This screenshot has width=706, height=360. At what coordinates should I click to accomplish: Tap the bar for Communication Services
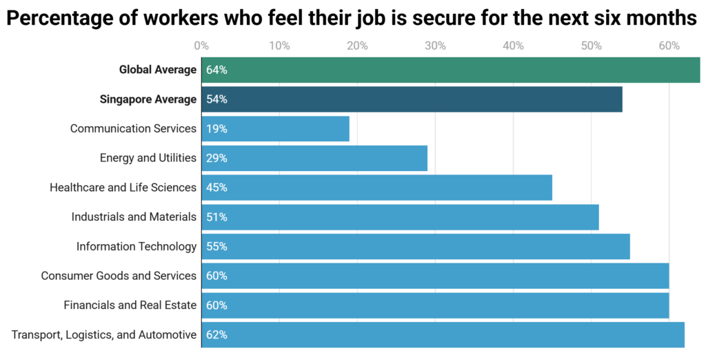[276, 129]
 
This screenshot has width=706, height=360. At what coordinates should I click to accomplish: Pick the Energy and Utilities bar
[314, 158]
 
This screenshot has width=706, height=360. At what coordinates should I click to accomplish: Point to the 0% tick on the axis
[201, 46]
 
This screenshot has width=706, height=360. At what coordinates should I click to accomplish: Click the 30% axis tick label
[435, 46]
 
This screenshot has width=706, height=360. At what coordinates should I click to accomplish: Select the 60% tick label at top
[669, 46]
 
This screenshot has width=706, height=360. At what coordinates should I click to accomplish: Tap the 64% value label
[216, 70]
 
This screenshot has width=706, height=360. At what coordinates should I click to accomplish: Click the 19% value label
[216, 129]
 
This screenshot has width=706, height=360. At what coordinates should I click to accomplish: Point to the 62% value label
[216, 335]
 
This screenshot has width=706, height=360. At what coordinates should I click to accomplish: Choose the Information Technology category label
[137, 246]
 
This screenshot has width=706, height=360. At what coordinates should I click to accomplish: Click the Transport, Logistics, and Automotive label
[104, 335]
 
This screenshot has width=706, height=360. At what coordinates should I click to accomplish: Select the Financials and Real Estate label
[130, 305]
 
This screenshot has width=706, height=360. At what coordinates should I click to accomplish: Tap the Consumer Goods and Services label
[119, 276]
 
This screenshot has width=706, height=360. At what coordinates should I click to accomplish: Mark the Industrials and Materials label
[134, 217]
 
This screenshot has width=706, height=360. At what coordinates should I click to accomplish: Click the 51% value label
[216, 217]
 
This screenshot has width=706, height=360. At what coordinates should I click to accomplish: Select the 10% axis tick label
[279, 46]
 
